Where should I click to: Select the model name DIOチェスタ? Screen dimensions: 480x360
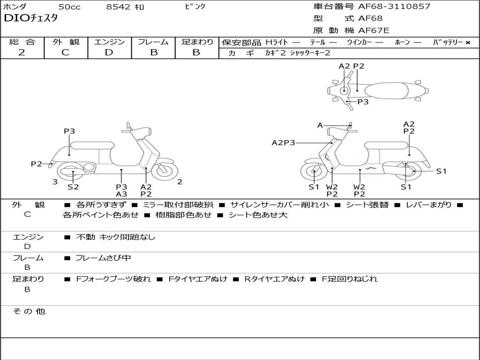pos(31,19)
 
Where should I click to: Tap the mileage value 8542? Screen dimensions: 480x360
pos(119,7)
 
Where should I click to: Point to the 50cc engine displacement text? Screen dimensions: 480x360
pos(69,7)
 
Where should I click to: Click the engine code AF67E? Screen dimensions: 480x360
pos(374,31)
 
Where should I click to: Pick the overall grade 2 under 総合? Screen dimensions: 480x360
pos(22,52)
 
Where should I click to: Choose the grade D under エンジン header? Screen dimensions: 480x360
pos(109,52)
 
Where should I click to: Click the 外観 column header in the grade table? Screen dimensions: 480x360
pos(66,42)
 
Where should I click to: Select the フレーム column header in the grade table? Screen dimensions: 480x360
pos(153,42)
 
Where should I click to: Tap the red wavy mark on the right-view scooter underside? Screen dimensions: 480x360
pos(371,167)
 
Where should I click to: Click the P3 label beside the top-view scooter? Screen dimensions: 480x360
pos(363,102)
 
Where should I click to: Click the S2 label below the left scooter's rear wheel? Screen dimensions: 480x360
pos(73,187)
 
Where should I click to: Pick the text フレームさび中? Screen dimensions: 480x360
pos(103,258)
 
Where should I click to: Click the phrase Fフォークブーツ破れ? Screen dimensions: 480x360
pos(113,279)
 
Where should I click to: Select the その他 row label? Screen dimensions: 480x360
pos(29,311)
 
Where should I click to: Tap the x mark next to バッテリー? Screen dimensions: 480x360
pos(467,43)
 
